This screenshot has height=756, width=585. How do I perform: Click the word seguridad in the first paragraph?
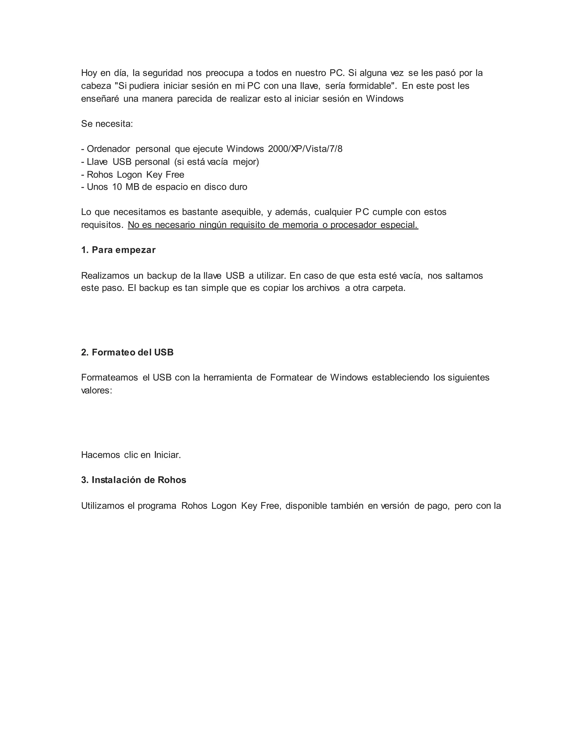[x=163, y=73]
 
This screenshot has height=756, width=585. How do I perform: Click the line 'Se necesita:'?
[x=107, y=124]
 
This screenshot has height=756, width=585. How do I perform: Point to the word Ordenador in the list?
[x=109, y=149]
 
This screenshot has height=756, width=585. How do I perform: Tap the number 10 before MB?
[x=117, y=187]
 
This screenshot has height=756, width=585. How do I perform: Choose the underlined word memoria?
[x=300, y=225]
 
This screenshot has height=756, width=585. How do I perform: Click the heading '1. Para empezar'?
[x=118, y=250]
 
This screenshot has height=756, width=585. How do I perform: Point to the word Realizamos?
[x=105, y=276]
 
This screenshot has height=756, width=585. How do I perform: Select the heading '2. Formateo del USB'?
[x=127, y=352]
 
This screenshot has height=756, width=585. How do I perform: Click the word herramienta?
[x=228, y=378]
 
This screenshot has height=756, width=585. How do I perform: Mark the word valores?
[x=96, y=391]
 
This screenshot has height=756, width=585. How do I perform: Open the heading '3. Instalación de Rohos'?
[x=133, y=480]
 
